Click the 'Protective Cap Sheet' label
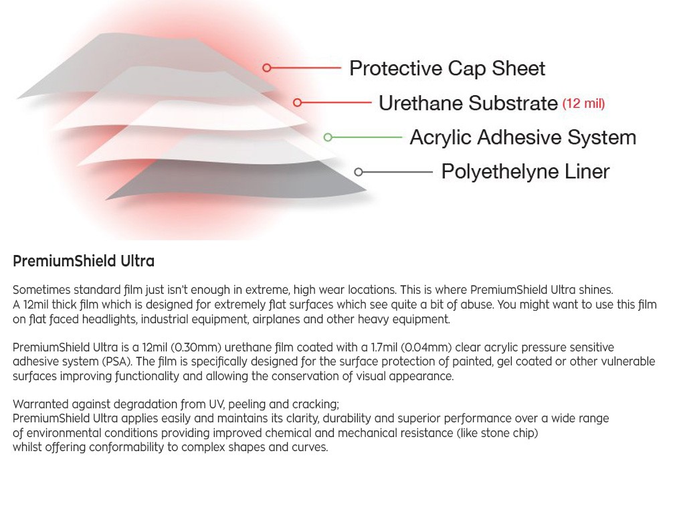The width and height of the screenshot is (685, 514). tap(448, 69)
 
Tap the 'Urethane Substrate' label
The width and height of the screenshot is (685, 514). tap(468, 103)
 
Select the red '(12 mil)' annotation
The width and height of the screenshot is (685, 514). tap(583, 104)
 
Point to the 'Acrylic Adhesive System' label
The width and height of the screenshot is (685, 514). tap(523, 137)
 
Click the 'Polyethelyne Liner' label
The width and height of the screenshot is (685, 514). tap(526, 171)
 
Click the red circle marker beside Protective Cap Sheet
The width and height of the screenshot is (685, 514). tap(266, 68)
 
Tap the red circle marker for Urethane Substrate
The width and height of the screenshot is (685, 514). tap(297, 102)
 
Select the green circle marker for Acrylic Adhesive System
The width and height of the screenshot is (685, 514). tap(328, 137)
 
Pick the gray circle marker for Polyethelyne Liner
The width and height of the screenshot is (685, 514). tap(359, 172)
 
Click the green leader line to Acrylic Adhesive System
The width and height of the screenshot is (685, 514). tap(367, 137)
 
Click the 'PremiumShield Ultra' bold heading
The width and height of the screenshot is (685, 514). tap(84, 262)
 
